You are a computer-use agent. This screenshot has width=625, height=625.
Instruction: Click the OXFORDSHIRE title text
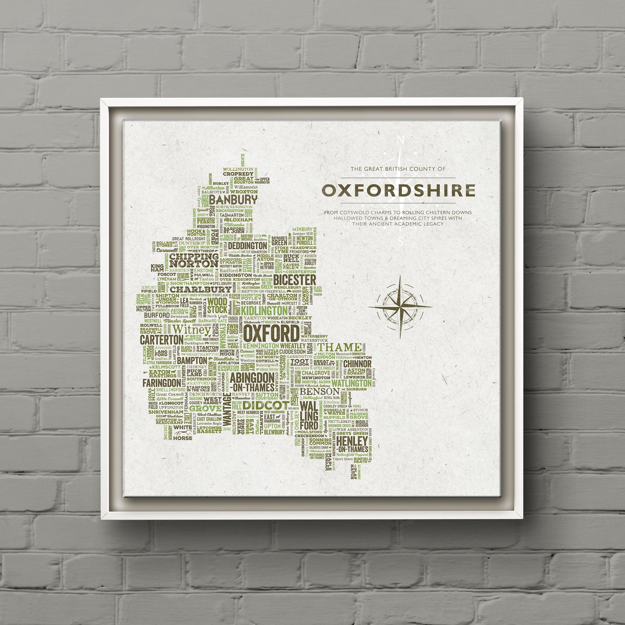click(397, 190)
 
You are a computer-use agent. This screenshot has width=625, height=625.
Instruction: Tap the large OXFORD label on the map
click(271, 334)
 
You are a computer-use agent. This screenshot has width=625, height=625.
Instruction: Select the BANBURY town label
click(233, 200)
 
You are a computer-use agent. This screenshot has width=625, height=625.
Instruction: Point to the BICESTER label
click(295, 280)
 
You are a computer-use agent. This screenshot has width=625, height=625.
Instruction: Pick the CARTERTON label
click(161, 340)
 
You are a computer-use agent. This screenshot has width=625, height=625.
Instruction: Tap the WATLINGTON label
click(351, 383)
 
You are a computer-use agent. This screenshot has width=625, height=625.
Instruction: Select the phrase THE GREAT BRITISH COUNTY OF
click(397, 169)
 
